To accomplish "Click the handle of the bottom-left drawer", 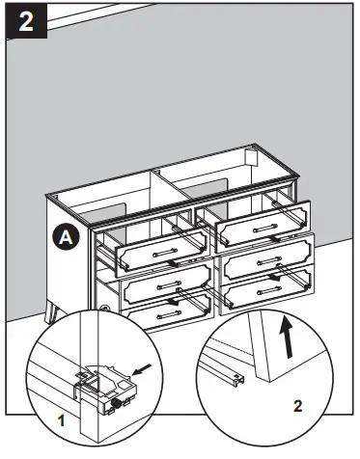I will click(168, 313).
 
